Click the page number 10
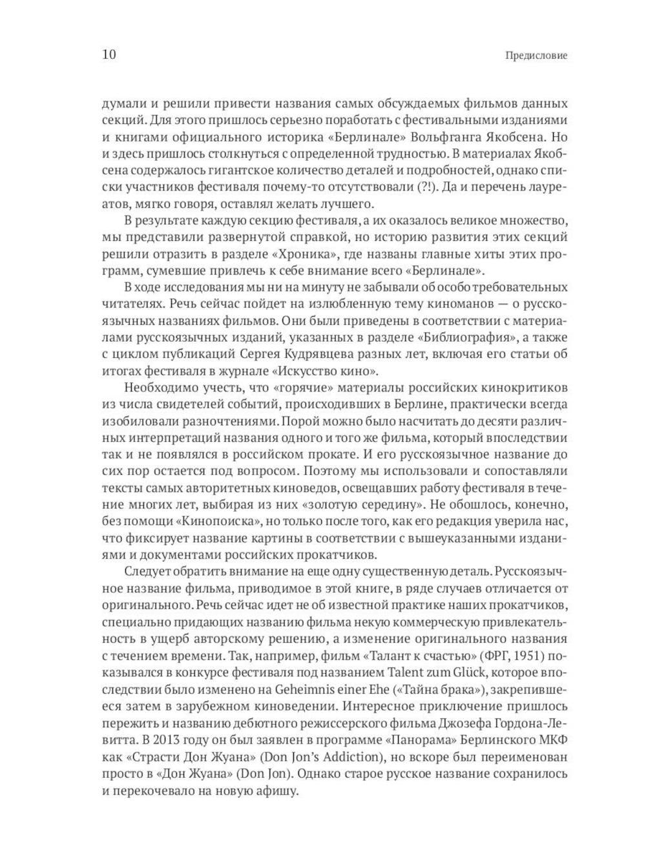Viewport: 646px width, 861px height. pos(109,54)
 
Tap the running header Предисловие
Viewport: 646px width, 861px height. pos(536,56)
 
